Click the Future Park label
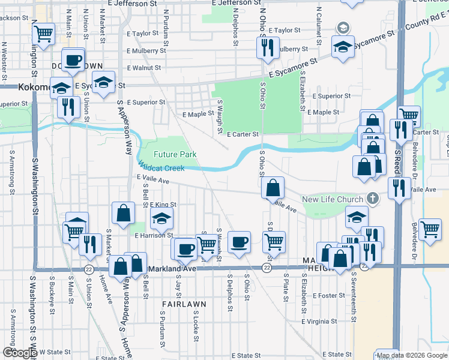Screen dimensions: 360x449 point(175,154)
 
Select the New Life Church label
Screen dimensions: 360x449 point(332,199)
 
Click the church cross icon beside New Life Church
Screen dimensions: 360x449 point(373,198)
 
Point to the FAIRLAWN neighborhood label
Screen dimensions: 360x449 point(184,304)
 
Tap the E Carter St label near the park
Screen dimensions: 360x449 point(243,134)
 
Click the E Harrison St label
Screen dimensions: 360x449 point(154,236)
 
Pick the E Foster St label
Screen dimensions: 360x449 point(329,295)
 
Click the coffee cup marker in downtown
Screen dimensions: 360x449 point(73,60)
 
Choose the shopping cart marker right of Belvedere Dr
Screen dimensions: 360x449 point(430,229)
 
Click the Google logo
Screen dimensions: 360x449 point(19,353)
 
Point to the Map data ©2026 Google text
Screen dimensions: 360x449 point(411,355)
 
